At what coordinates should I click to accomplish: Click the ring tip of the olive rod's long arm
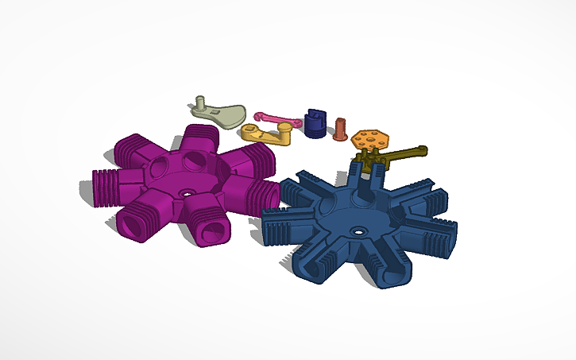422,149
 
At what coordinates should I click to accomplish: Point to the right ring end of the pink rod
295,122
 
